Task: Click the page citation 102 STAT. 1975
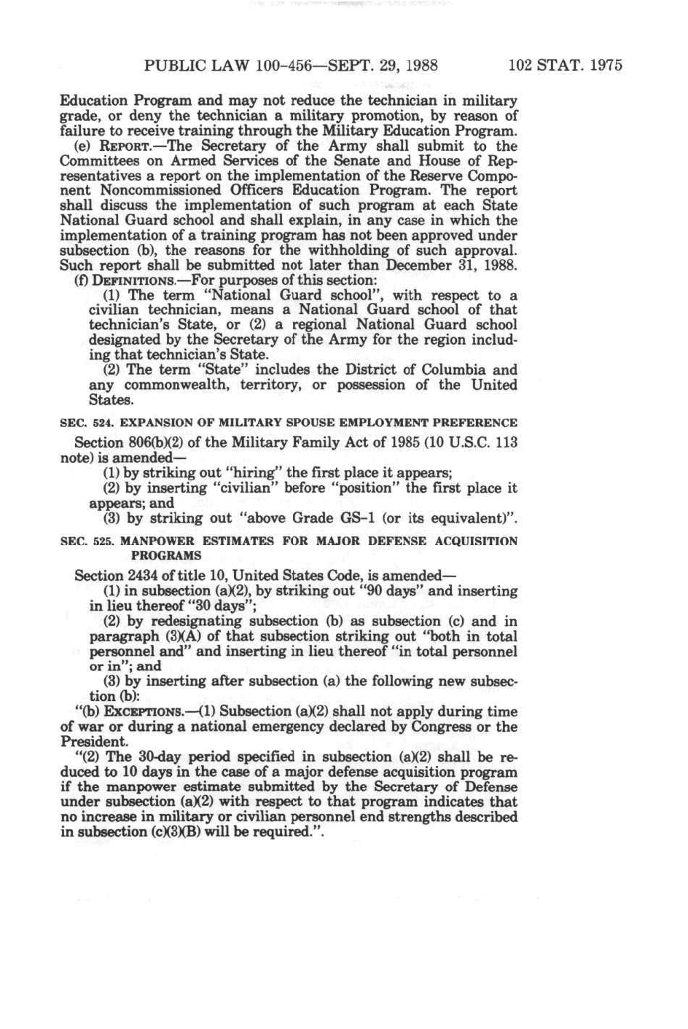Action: pos(566,66)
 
